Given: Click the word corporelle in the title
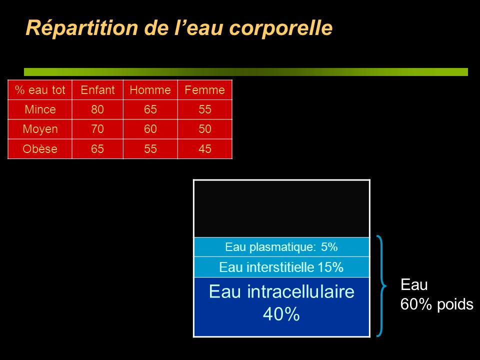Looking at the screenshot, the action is click(x=280, y=28).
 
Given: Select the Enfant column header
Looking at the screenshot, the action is click(x=97, y=90).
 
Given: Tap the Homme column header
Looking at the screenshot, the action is click(x=150, y=90).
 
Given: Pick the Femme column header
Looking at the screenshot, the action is click(x=205, y=90).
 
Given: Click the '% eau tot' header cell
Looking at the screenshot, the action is click(x=40, y=90).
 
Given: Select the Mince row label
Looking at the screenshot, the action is click(x=40, y=109).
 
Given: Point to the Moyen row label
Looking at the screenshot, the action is click(x=40, y=129).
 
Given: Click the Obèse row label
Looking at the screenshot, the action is click(x=40, y=149).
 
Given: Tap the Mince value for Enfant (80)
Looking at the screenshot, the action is click(x=97, y=109).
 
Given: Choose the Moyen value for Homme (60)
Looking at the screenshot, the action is click(x=150, y=129).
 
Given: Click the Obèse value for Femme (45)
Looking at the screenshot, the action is click(x=205, y=149).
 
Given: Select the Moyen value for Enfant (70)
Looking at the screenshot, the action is click(x=97, y=129).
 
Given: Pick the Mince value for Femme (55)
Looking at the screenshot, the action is click(x=205, y=109).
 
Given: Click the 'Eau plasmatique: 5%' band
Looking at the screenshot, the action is click(x=281, y=246).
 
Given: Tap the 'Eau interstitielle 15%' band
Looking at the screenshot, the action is click(x=281, y=267).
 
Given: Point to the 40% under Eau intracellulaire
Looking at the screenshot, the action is click(x=281, y=314).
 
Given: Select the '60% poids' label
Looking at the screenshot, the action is click(x=437, y=304).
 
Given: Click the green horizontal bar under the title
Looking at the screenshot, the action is click(x=246, y=72).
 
